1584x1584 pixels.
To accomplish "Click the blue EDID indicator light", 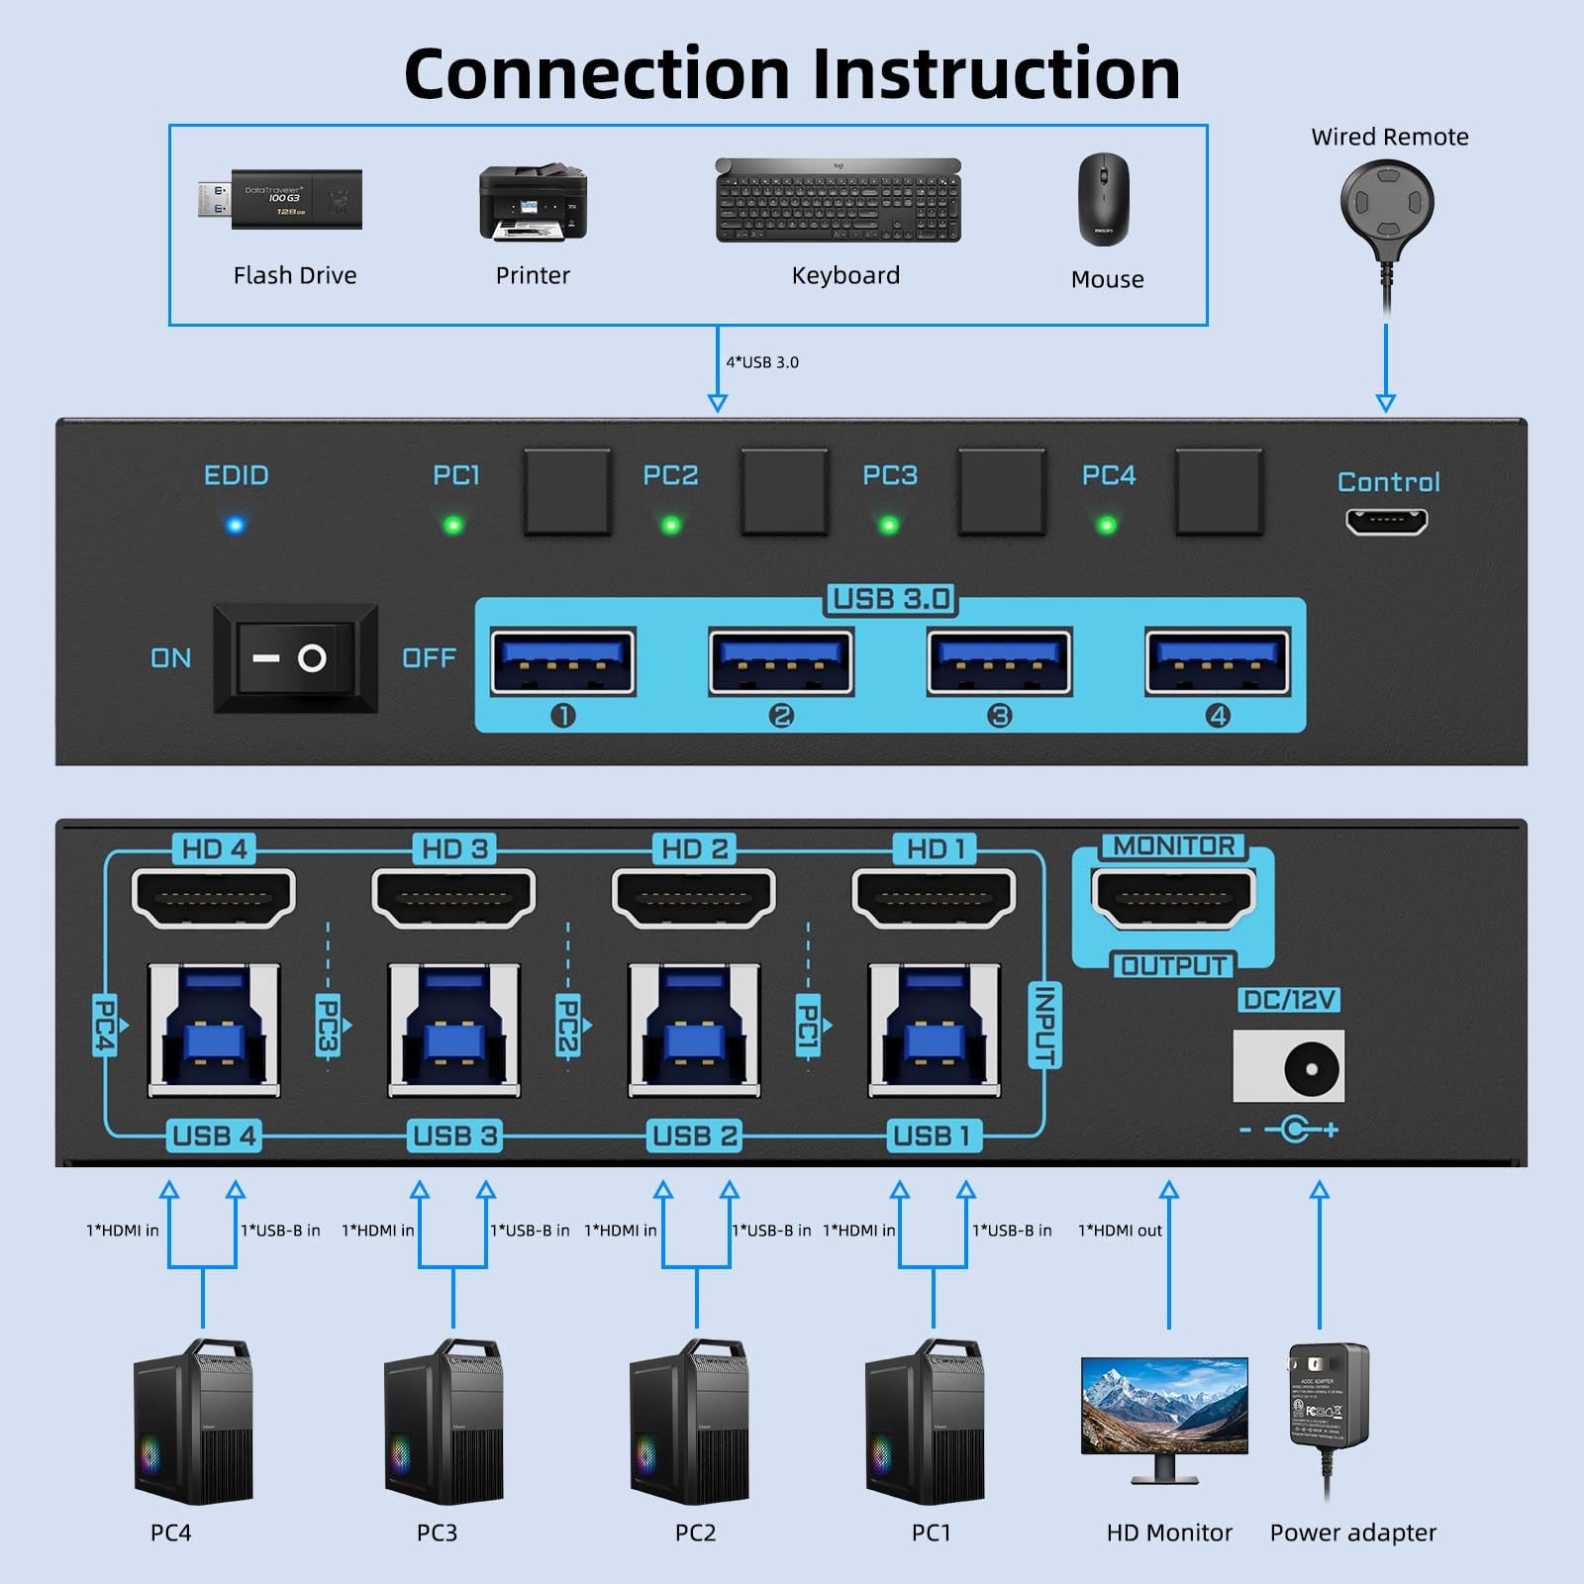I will (235, 525).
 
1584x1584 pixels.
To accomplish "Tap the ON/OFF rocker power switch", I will (295, 658).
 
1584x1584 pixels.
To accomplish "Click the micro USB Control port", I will (1386, 521).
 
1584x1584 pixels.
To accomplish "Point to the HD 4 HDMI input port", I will (214, 898).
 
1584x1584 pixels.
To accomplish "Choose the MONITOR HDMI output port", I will (1173, 898).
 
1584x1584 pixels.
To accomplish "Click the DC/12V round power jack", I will (1311, 1068).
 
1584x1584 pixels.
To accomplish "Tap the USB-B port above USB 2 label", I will (695, 1031).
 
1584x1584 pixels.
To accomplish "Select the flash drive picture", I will (281, 199).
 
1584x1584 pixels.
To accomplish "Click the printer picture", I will (534, 203).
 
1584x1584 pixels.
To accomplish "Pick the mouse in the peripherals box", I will (1103, 199).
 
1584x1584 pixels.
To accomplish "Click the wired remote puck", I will (1387, 203).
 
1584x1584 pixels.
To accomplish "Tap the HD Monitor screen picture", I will (1164, 1406).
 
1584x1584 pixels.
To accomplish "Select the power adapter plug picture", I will (1329, 1396).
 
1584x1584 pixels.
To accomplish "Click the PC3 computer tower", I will (444, 1422).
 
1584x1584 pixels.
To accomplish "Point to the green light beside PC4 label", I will (1107, 526).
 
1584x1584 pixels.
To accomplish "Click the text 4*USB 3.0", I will (762, 362).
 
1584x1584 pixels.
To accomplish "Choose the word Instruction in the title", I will (996, 74).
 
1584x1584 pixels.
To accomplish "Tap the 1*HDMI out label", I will (1120, 1231).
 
